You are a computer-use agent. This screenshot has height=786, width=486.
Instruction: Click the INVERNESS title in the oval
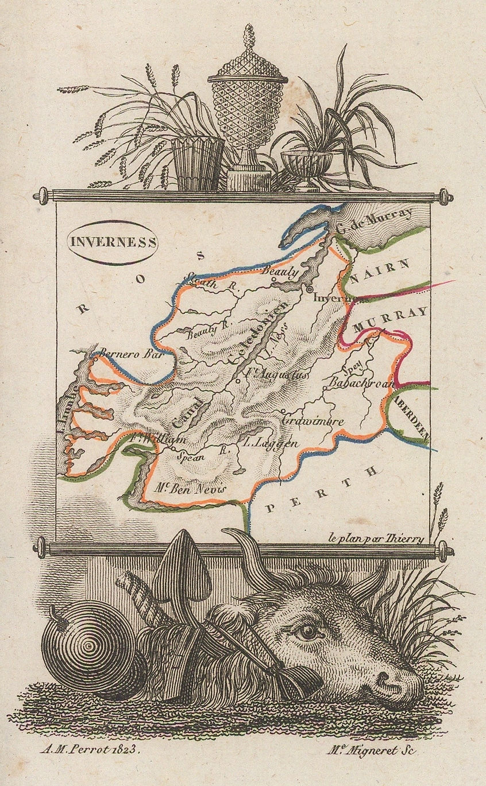click(x=113, y=242)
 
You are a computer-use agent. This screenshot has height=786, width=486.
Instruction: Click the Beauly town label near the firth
click(x=281, y=272)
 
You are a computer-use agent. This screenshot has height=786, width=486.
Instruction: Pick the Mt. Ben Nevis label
click(x=192, y=487)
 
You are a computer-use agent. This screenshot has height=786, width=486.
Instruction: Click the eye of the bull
click(x=309, y=632)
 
